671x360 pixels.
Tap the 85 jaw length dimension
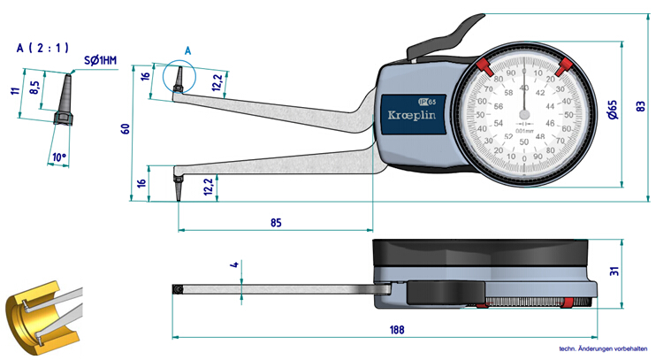[x=276, y=223]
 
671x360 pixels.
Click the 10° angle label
[x=59, y=157]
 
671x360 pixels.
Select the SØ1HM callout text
[x=100, y=61]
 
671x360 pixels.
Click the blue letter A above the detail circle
[x=187, y=51]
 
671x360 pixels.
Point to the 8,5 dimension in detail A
[x=34, y=88]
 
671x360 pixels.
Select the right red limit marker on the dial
[x=565, y=65]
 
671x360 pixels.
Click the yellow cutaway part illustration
[x=41, y=315]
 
